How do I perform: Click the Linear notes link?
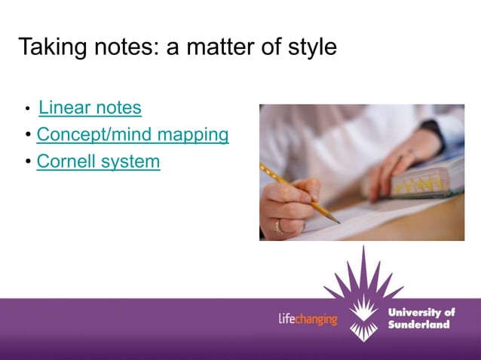[90, 108]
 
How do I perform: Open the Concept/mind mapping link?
[133, 135]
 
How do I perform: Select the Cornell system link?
[98, 161]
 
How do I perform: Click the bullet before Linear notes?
[28, 110]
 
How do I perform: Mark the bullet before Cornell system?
[28, 162]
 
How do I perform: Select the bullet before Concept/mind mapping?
[28, 136]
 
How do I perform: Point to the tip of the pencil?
[339, 222]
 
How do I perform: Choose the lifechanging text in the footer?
[308, 319]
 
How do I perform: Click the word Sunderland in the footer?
[418, 325]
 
